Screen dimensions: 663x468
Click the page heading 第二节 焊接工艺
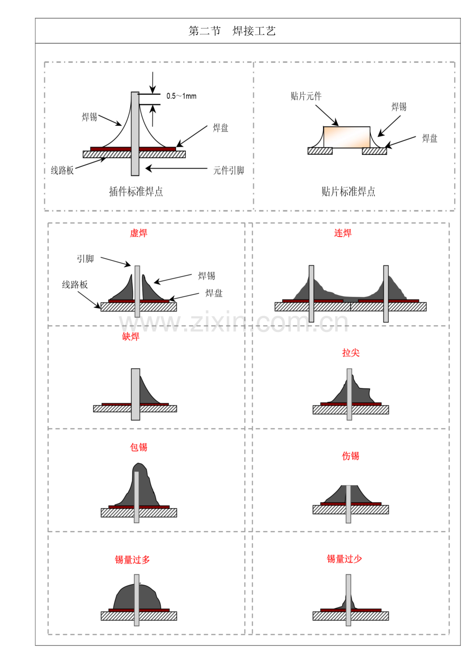pyautogui.click(x=232, y=31)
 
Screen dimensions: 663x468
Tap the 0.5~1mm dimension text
pyautogui.click(x=181, y=96)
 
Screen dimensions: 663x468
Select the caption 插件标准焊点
pyautogui.click(x=136, y=191)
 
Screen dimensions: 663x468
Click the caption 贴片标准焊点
pyautogui.click(x=348, y=191)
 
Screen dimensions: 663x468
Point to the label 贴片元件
pyautogui.click(x=306, y=96)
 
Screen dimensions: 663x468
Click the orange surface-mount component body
pyautogui.click(x=347, y=137)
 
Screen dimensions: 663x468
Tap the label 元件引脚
pyautogui.click(x=228, y=171)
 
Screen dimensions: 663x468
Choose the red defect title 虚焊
pyautogui.click(x=138, y=233)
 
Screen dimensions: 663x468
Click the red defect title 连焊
pyautogui.click(x=343, y=233)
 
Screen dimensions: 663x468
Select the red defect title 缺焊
pyautogui.click(x=131, y=337)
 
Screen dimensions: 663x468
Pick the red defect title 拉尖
pyautogui.click(x=350, y=352)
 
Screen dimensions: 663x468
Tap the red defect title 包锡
pyautogui.click(x=138, y=447)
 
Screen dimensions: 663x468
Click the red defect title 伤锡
pyautogui.click(x=350, y=456)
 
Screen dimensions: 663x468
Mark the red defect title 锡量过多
pyautogui.click(x=132, y=560)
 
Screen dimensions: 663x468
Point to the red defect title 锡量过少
pyautogui.click(x=344, y=559)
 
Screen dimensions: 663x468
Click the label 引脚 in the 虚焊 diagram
pyautogui.click(x=85, y=259)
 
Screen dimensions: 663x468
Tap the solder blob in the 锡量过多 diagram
pyautogui.click(x=125, y=597)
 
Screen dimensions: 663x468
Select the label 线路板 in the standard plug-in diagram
pyautogui.click(x=63, y=171)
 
